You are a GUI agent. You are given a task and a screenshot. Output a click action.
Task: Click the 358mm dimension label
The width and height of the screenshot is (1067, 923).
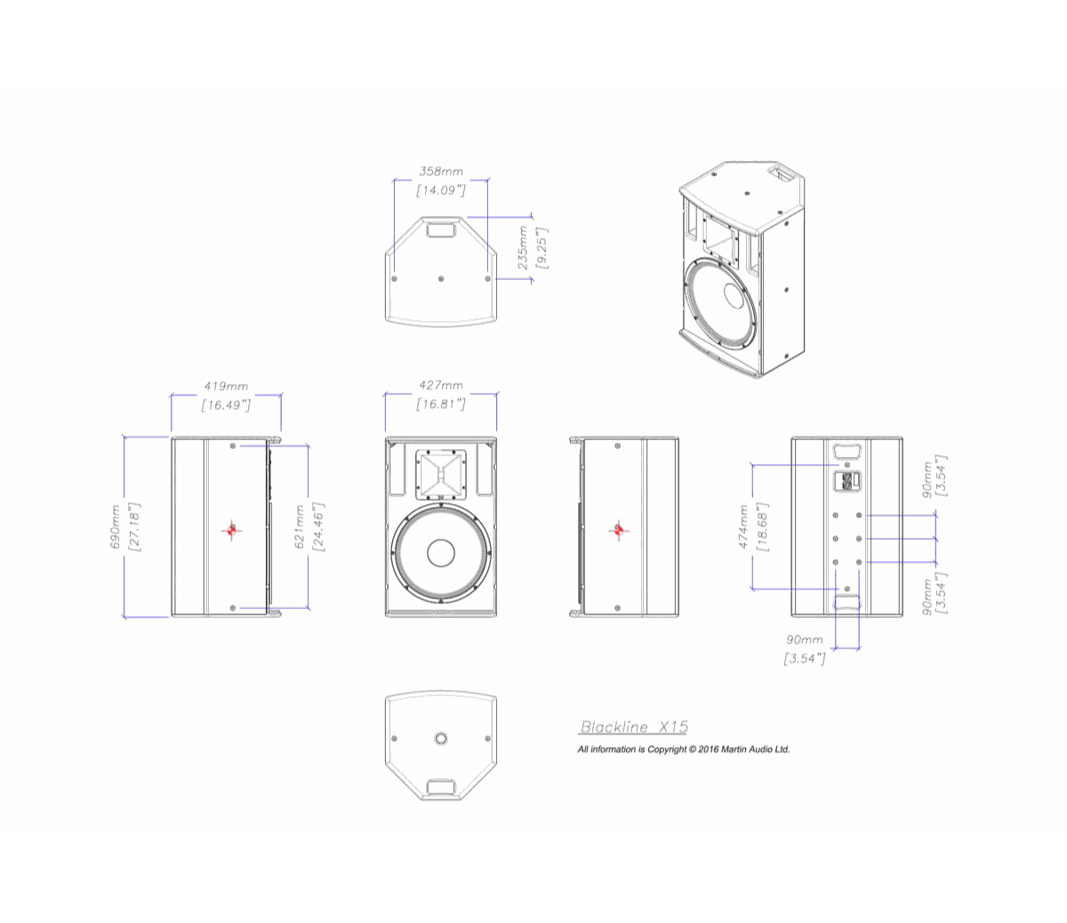pos(440,171)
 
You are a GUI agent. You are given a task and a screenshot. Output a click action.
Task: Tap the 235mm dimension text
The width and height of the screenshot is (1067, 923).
pos(523,247)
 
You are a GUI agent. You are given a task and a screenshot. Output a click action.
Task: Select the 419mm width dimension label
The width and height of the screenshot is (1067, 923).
pos(226,386)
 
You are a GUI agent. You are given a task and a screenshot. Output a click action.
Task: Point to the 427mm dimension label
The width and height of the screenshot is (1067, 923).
pos(440,385)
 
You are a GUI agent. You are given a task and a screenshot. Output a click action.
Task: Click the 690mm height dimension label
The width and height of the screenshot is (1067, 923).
pos(116,526)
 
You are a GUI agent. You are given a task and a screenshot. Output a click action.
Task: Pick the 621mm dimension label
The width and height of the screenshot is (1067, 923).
pos(300,526)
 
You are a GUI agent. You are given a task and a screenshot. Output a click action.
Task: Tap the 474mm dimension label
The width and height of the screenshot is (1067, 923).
pos(743,526)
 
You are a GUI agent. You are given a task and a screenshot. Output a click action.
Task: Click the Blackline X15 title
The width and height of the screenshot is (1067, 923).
pos(634,726)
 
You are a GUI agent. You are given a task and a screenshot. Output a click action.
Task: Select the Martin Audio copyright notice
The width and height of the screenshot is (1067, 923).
pos(684,749)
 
